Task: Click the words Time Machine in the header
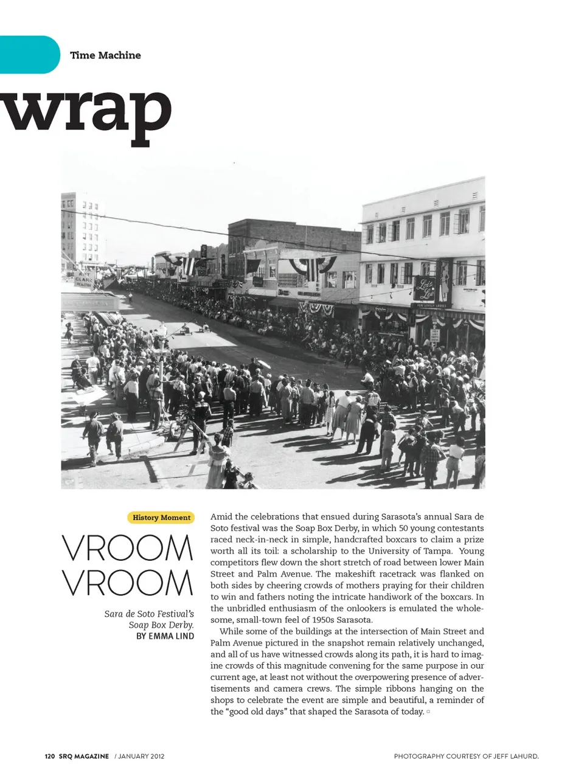(105, 55)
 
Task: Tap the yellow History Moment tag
(161, 518)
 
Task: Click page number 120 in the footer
(49, 757)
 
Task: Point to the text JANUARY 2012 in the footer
(141, 757)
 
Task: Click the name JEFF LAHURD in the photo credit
(516, 757)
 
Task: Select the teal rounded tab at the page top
(29, 55)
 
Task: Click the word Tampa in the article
(438, 551)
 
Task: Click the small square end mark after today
(428, 712)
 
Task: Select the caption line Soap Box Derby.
(161, 625)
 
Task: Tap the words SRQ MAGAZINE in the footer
(84, 757)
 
